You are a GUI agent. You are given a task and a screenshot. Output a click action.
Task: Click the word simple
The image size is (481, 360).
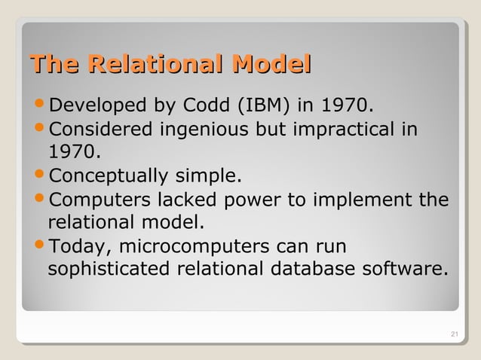(210, 177)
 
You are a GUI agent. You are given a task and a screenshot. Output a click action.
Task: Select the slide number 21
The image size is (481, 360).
(453, 334)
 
